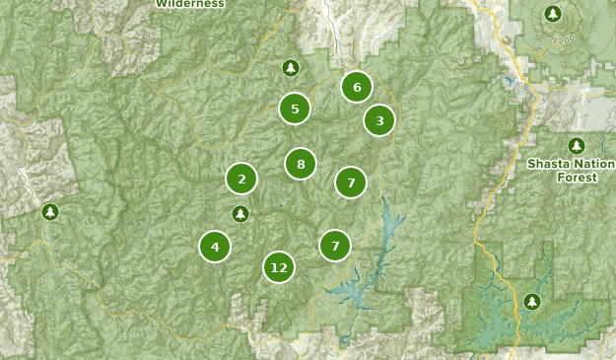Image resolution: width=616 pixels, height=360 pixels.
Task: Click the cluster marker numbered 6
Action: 357,87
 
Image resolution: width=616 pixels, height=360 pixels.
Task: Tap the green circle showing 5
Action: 295,108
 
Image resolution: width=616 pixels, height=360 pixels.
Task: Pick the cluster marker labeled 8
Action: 301,164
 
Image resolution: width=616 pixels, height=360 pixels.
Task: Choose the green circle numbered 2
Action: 241,179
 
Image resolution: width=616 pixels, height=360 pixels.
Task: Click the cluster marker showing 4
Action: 215,246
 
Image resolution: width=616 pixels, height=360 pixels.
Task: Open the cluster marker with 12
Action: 279,267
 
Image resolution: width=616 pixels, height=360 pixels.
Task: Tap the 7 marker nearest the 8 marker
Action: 350,181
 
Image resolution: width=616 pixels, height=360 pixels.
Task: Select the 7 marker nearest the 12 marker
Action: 335,245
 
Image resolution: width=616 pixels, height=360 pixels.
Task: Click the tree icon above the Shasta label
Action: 577,146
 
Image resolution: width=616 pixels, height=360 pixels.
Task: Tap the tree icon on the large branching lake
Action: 532,301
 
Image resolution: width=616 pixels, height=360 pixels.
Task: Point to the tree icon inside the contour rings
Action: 553,14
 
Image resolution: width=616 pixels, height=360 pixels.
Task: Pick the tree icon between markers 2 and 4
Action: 240,213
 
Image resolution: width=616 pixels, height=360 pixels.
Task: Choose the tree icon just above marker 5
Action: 290,68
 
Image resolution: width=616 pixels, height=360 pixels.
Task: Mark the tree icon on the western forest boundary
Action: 50,211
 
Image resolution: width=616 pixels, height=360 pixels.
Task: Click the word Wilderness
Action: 190,4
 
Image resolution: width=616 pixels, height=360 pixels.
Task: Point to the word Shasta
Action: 549,164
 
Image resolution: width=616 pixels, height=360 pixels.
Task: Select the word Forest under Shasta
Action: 577,178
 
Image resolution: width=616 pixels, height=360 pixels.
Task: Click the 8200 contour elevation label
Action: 564,38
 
